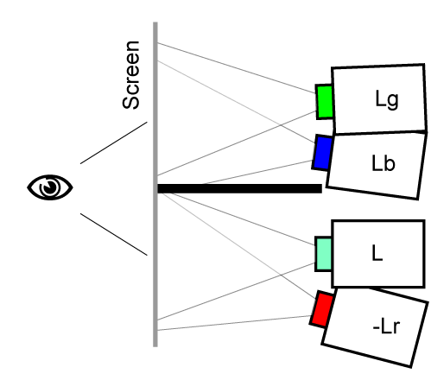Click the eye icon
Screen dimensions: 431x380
(x=50, y=187)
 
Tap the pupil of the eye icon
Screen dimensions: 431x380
(x=50, y=187)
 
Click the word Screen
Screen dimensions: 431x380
(x=131, y=75)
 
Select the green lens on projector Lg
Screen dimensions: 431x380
(x=325, y=102)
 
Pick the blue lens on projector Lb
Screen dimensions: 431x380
(x=322, y=152)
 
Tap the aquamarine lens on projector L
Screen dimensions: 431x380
(x=324, y=254)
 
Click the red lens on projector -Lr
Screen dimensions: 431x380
(x=322, y=309)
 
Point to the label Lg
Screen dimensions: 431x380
(x=387, y=99)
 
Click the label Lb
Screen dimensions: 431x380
(x=383, y=163)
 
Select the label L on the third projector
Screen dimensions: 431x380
(x=377, y=253)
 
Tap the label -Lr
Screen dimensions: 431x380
(x=386, y=326)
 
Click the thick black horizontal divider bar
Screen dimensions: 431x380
(x=239, y=188)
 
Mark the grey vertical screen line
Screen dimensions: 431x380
(x=155, y=184)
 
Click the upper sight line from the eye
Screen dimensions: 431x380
(x=114, y=142)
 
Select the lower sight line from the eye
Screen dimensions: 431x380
(x=114, y=234)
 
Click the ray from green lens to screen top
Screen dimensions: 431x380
(x=237, y=68)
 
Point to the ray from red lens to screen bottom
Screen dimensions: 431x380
(x=234, y=323)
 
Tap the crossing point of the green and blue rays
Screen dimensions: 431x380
(x=280, y=125)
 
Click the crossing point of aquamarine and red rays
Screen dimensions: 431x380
(x=281, y=275)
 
